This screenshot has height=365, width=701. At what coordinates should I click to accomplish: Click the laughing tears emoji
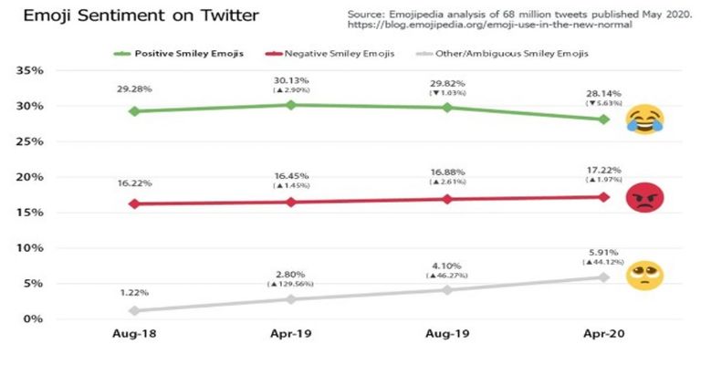643,120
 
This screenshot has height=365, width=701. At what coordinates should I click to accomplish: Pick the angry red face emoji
645,197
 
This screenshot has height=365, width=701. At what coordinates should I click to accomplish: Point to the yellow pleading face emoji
645,275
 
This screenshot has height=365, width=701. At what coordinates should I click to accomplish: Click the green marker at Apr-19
291,105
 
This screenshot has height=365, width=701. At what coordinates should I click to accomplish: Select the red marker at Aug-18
135,203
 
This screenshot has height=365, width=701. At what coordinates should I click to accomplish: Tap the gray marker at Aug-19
447,289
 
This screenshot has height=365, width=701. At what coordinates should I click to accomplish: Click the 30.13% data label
291,77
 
